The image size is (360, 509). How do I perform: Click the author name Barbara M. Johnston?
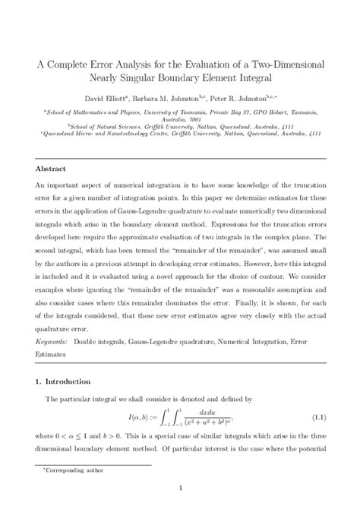coord(173,98)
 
